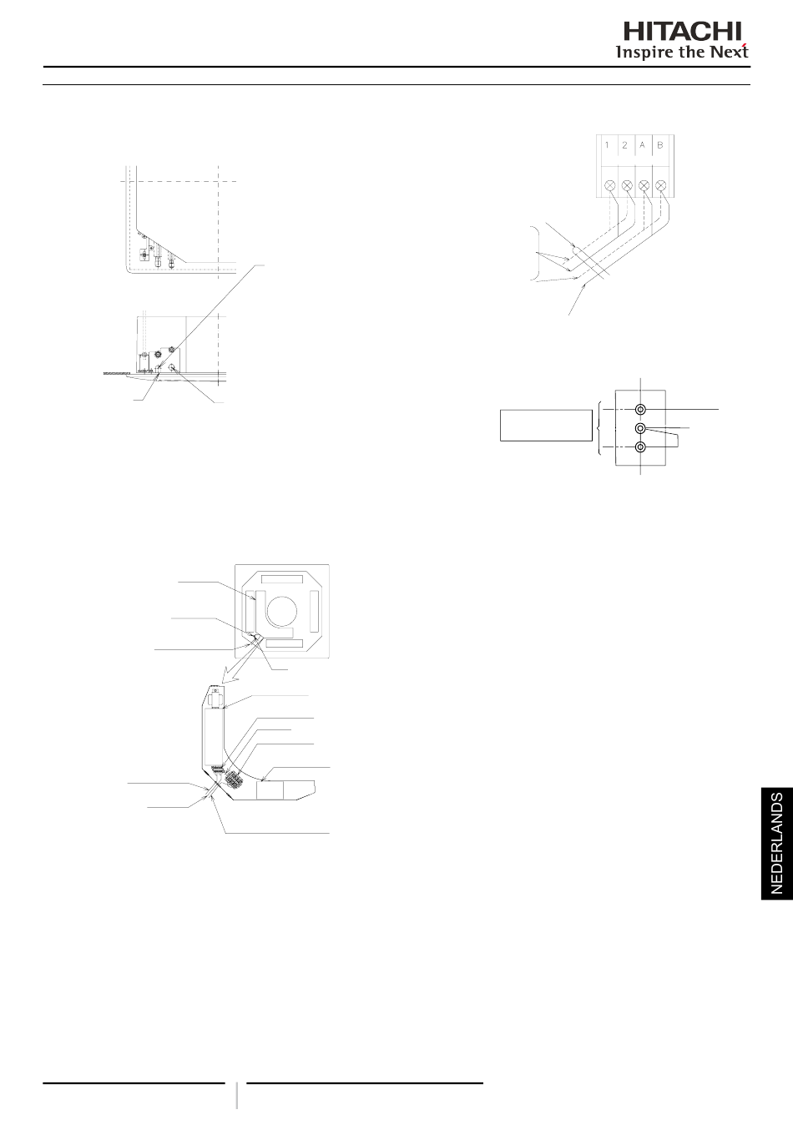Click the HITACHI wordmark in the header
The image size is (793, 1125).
pos(682,31)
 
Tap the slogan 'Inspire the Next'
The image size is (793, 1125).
pos(682,52)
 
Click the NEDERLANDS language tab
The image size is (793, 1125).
pos(776,843)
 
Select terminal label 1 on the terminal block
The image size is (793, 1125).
pos(607,145)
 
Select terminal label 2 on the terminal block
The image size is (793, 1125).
pos(624,145)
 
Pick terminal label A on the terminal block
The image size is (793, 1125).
pos(643,145)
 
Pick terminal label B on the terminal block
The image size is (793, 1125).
pos(660,145)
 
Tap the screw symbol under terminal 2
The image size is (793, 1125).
pos(626,184)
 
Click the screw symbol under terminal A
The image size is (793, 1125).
pos(644,184)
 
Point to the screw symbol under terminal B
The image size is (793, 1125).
pos(661,184)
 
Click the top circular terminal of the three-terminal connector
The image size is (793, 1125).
pos(640,410)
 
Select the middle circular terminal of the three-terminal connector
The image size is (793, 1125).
pos(640,428)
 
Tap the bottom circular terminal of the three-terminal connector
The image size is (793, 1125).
pos(640,447)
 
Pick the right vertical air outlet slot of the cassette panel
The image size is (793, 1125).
pos(314,612)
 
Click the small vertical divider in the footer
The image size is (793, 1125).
pos(237,1095)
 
